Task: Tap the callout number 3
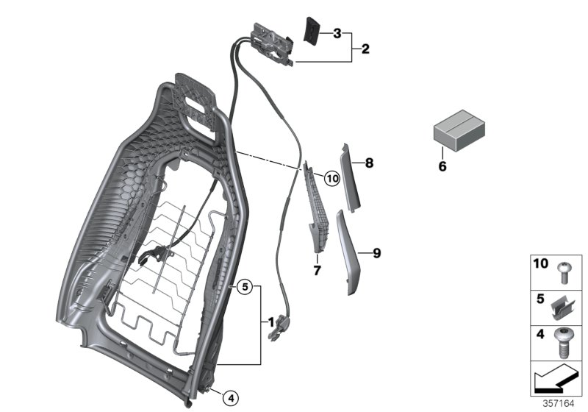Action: (x=337, y=33)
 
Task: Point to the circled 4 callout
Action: (x=231, y=398)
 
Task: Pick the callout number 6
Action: (x=442, y=166)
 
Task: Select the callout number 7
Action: (x=317, y=271)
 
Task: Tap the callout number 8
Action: (x=369, y=162)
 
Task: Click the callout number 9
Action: (x=376, y=253)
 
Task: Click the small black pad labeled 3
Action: (x=311, y=32)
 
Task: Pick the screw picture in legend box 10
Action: (x=565, y=271)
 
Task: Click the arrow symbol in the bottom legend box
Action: (x=555, y=382)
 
